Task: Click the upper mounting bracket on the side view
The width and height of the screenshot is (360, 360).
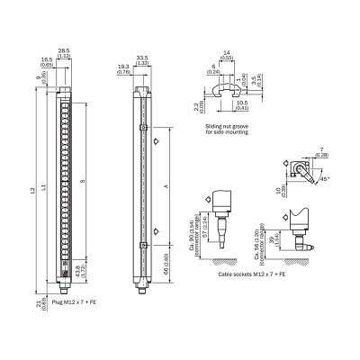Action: (x=142, y=127)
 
